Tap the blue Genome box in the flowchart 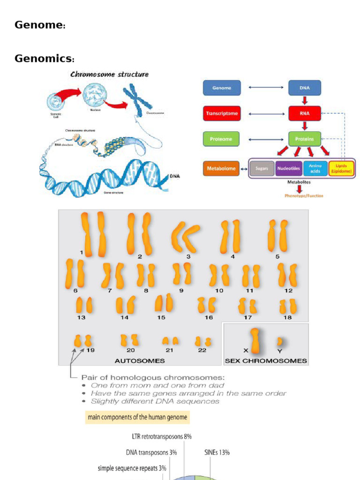click(221, 88)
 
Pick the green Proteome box click(221, 139)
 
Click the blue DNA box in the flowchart click(304, 88)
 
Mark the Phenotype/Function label click(304, 195)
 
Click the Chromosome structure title click(109, 74)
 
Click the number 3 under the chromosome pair click(188, 256)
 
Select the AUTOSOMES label click(140, 360)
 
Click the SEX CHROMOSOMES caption click(266, 360)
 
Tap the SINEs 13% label click(217, 452)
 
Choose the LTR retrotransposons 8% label click(162, 436)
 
